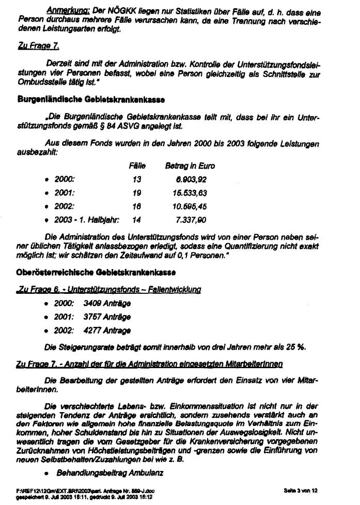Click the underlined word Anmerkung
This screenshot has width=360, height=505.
click(x=61, y=10)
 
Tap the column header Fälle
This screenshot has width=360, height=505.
click(x=137, y=166)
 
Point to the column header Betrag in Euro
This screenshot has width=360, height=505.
click(x=190, y=166)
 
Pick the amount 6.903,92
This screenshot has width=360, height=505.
click(x=192, y=179)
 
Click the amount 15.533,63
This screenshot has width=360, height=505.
click(x=191, y=193)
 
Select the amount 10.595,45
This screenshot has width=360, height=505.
click(x=191, y=206)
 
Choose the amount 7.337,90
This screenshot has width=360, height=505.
click(x=192, y=219)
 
